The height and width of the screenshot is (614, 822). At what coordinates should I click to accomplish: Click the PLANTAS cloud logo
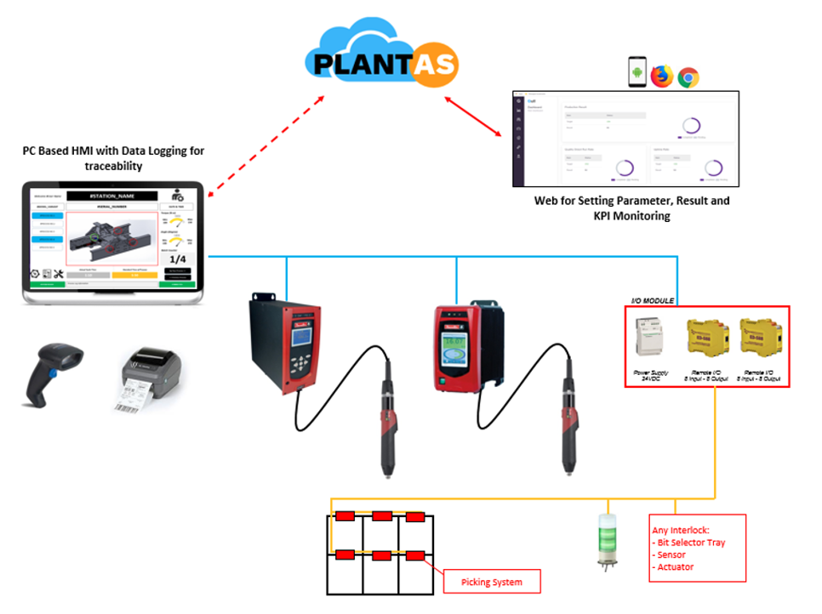382,60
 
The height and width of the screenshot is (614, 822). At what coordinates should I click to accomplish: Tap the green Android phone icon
636,72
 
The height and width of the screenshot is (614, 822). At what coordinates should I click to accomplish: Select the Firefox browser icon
662,77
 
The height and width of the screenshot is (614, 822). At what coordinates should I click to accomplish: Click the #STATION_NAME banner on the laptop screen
113,196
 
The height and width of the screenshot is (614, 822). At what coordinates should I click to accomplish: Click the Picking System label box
493,583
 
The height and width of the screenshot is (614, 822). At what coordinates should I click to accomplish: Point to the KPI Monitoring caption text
631,216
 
